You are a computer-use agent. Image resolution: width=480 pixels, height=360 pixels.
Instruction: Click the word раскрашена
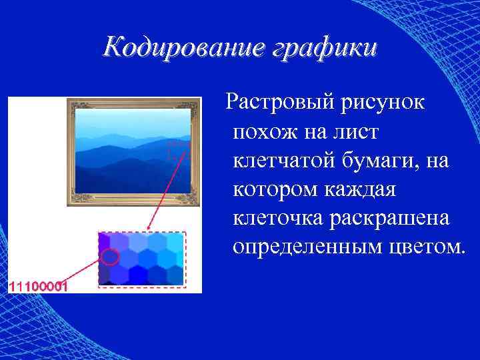click(394, 218)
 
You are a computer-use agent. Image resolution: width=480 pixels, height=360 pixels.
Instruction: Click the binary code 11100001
click(37, 286)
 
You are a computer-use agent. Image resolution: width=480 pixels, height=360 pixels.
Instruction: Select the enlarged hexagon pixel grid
click(141, 259)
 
